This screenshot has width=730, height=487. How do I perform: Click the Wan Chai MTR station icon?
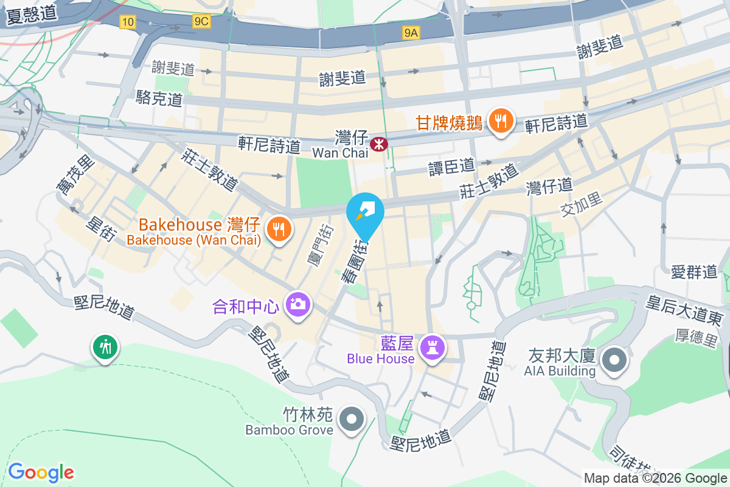pos(379,144)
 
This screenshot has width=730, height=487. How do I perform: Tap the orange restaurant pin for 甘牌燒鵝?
pos(500,121)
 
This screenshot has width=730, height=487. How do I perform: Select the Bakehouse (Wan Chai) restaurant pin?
pos(279,229)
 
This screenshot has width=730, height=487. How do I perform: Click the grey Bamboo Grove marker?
pos(351,419)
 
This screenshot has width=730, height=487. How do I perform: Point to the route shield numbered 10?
pos(127,23)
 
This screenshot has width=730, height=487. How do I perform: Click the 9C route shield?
pos(201,22)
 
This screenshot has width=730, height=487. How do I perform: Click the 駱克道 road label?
pos(160,98)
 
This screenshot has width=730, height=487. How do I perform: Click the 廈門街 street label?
pos(320,244)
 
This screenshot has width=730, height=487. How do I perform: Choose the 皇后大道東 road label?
pos(684,309)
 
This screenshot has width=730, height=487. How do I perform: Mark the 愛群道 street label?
pos(695,272)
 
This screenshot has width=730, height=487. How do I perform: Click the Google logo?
pos(41,472)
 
